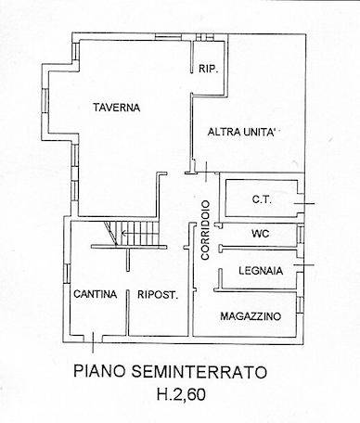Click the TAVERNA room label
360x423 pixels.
pos(117,108)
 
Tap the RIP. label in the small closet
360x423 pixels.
pos(209,69)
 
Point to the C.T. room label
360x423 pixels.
pos(262,199)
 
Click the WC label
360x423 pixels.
pos(261,234)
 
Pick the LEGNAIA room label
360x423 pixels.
pos(261,271)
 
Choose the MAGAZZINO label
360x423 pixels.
pos(251,316)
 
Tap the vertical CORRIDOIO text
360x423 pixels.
pos(205,230)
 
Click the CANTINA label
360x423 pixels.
pos(96,294)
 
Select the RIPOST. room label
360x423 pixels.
pos(158,295)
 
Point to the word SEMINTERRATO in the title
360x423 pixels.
pos(199,371)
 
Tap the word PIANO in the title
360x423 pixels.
pos(100,371)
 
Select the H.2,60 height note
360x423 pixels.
pos(181,394)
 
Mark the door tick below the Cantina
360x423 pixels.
pos(93,342)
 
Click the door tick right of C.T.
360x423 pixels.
pos(303,204)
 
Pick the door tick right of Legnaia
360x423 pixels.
pos(303,265)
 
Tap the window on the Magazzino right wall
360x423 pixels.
pos(300,304)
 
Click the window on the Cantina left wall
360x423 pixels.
pos(67,274)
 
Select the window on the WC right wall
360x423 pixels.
pos(301,235)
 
